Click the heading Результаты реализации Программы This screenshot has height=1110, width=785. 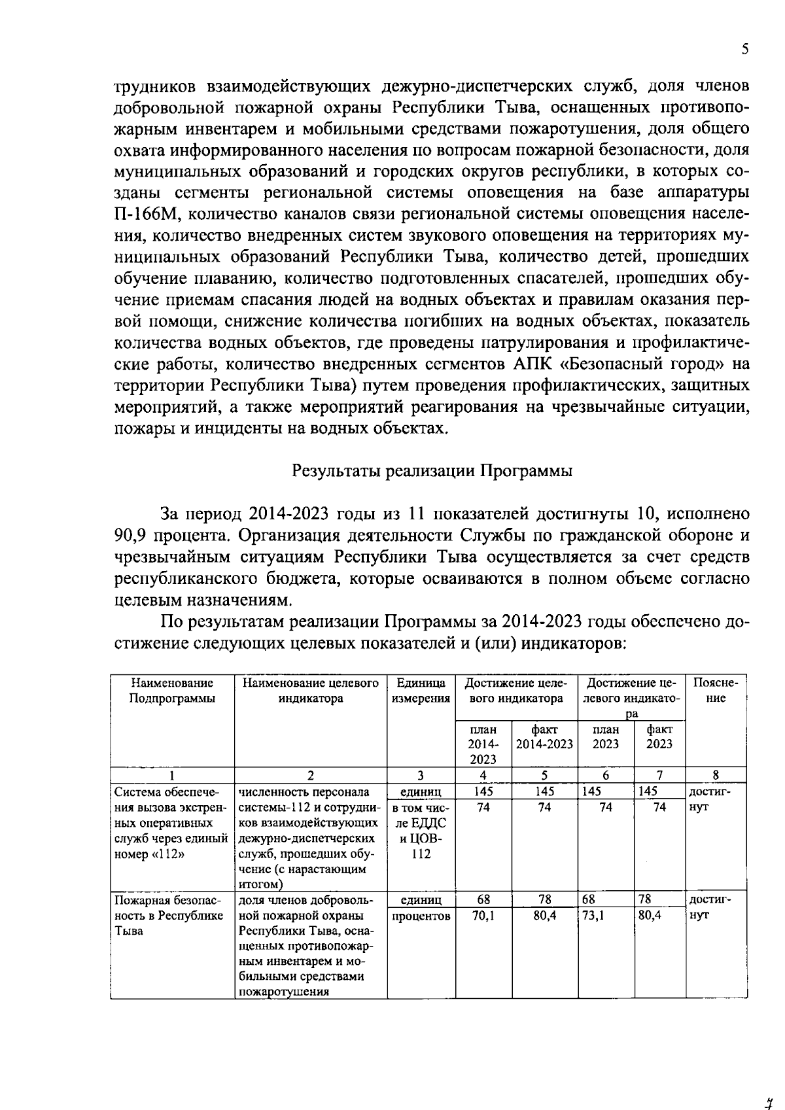pyautogui.click(x=432, y=471)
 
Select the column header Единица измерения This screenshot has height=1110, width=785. pyautogui.click(x=421, y=691)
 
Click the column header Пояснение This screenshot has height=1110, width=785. pyautogui.click(x=716, y=691)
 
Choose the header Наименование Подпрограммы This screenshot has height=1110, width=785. pyautogui.click(x=172, y=691)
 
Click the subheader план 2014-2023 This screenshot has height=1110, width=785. pyautogui.click(x=483, y=744)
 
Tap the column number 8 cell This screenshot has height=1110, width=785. pyautogui.click(x=716, y=775)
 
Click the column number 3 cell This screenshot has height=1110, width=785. pyautogui.click(x=421, y=775)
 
